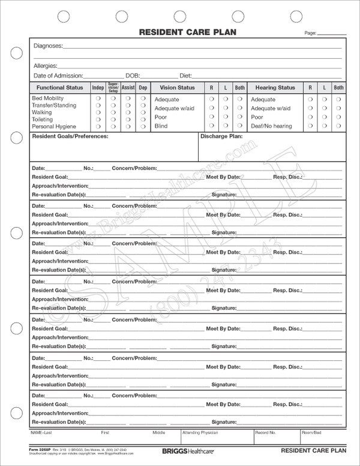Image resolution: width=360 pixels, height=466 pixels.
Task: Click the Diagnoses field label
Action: point(47,46)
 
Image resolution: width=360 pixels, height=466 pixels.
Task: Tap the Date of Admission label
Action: point(58,76)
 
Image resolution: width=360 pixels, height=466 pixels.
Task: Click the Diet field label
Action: point(185,76)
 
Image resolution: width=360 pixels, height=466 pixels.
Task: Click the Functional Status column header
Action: point(59,88)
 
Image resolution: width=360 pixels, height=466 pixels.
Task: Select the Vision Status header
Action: point(177,88)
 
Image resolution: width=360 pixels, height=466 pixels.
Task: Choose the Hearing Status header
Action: point(275,88)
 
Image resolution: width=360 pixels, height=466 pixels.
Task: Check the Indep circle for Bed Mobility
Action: point(98,97)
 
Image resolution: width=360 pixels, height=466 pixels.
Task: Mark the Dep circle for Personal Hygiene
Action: point(143,127)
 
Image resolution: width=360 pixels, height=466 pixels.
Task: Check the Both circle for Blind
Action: point(239,126)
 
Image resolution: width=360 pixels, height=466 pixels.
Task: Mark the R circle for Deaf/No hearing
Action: point(310,126)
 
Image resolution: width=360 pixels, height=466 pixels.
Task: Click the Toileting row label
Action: point(42,120)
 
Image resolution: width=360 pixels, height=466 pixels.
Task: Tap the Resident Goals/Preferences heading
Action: point(70,137)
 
